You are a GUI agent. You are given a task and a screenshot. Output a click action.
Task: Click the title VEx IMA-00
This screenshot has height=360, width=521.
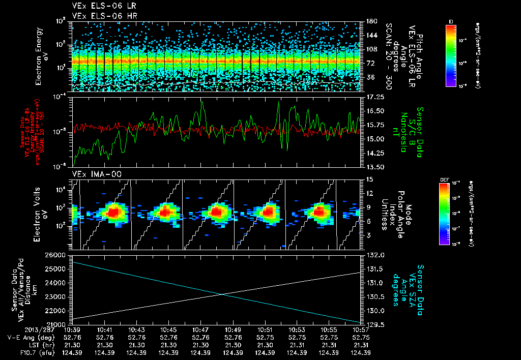click(x=93, y=174)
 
